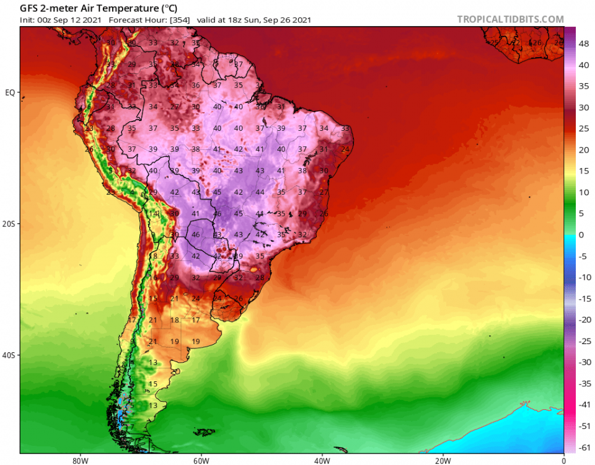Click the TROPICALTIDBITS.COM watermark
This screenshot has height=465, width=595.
[x=510, y=19]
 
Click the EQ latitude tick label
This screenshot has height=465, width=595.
[x=10, y=92]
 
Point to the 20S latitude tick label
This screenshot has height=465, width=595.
[x=9, y=224]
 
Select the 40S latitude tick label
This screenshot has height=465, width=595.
[x=9, y=356]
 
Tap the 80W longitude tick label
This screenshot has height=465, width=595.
[x=78, y=460]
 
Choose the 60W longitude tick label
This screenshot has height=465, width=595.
[x=200, y=460]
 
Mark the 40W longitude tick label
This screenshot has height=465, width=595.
[x=321, y=460]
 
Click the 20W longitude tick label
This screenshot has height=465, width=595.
[x=443, y=460]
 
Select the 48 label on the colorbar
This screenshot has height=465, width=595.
[x=584, y=44]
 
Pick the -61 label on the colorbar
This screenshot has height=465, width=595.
[x=584, y=447]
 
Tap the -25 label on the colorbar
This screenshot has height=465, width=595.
[x=584, y=341]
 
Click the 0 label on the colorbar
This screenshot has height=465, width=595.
[x=581, y=234]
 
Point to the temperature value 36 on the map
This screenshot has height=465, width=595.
[x=196, y=85]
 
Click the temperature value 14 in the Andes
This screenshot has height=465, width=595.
[x=154, y=214]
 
